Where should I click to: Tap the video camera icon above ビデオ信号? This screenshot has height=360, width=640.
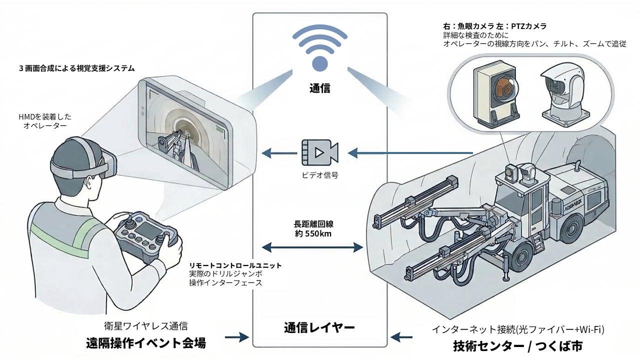pyautogui.click(x=320, y=152)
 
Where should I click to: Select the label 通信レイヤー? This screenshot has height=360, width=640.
pyautogui.click(x=320, y=328)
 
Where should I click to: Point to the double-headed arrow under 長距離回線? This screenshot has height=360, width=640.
pyautogui.click(x=312, y=247)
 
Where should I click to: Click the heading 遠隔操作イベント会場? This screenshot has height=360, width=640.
pyautogui.click(x=145, y=344)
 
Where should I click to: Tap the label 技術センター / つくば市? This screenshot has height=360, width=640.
pyautogui.click(x=518, y=345)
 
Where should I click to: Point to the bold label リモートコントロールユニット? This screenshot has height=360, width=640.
pyautogui.click(x=235, y=265)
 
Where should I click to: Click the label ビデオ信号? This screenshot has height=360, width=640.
pyautogui.click(x=320, y=175)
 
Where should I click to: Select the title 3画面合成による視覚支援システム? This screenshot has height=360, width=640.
pyautogui.click(x=77, y=68)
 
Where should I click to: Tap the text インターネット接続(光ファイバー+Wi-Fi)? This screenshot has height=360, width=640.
pyautogui.click(x=518, y=329)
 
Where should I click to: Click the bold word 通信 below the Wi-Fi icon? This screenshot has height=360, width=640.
pyautogui.click(x=320, y=88)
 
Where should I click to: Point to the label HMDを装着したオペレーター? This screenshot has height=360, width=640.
pyautogui.click(x=45, y=121)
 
